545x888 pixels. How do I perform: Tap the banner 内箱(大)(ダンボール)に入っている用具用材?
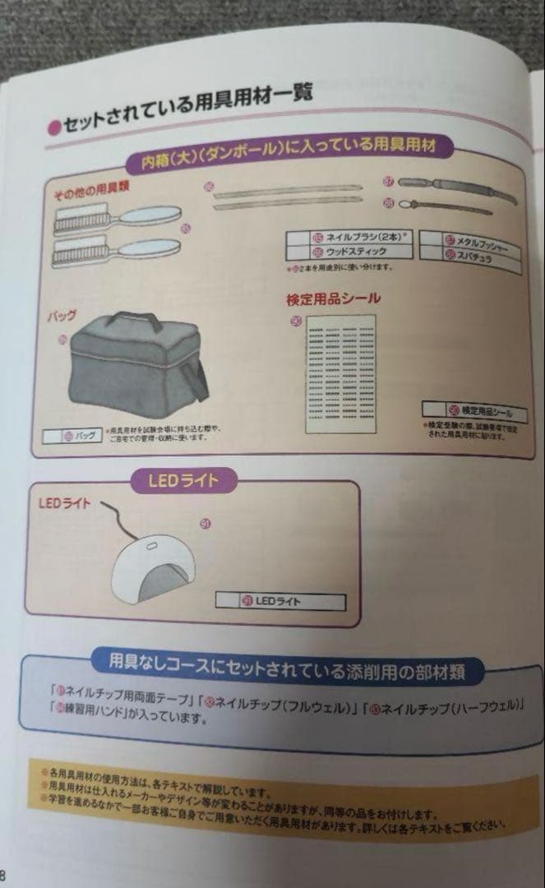[288, 150]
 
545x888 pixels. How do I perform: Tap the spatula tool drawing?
[448, 206]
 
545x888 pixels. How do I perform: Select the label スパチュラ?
[469, 257]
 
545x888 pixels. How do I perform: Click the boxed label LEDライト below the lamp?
[279, 601]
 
